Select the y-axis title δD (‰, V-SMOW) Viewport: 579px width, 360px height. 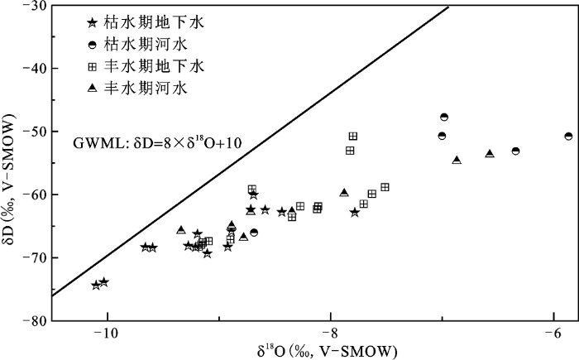[x=11, y=196]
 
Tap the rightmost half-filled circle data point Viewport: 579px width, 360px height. [x=568, y=136]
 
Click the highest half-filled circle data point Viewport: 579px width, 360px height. [x=444, y=118]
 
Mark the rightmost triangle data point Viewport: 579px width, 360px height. [x=490, y=153]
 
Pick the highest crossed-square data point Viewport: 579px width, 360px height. [x=353, y=136]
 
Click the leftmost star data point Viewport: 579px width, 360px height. [x=96, y=285]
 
